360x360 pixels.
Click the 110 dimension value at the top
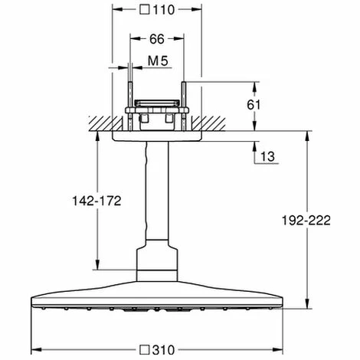[x=169, y=11]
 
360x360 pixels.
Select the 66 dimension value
[x=156, y=38]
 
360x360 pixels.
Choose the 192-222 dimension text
[x=307, y=220]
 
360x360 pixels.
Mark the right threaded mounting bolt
[x=184, y=96]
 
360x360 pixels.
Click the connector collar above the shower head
[x=156, y=264]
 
